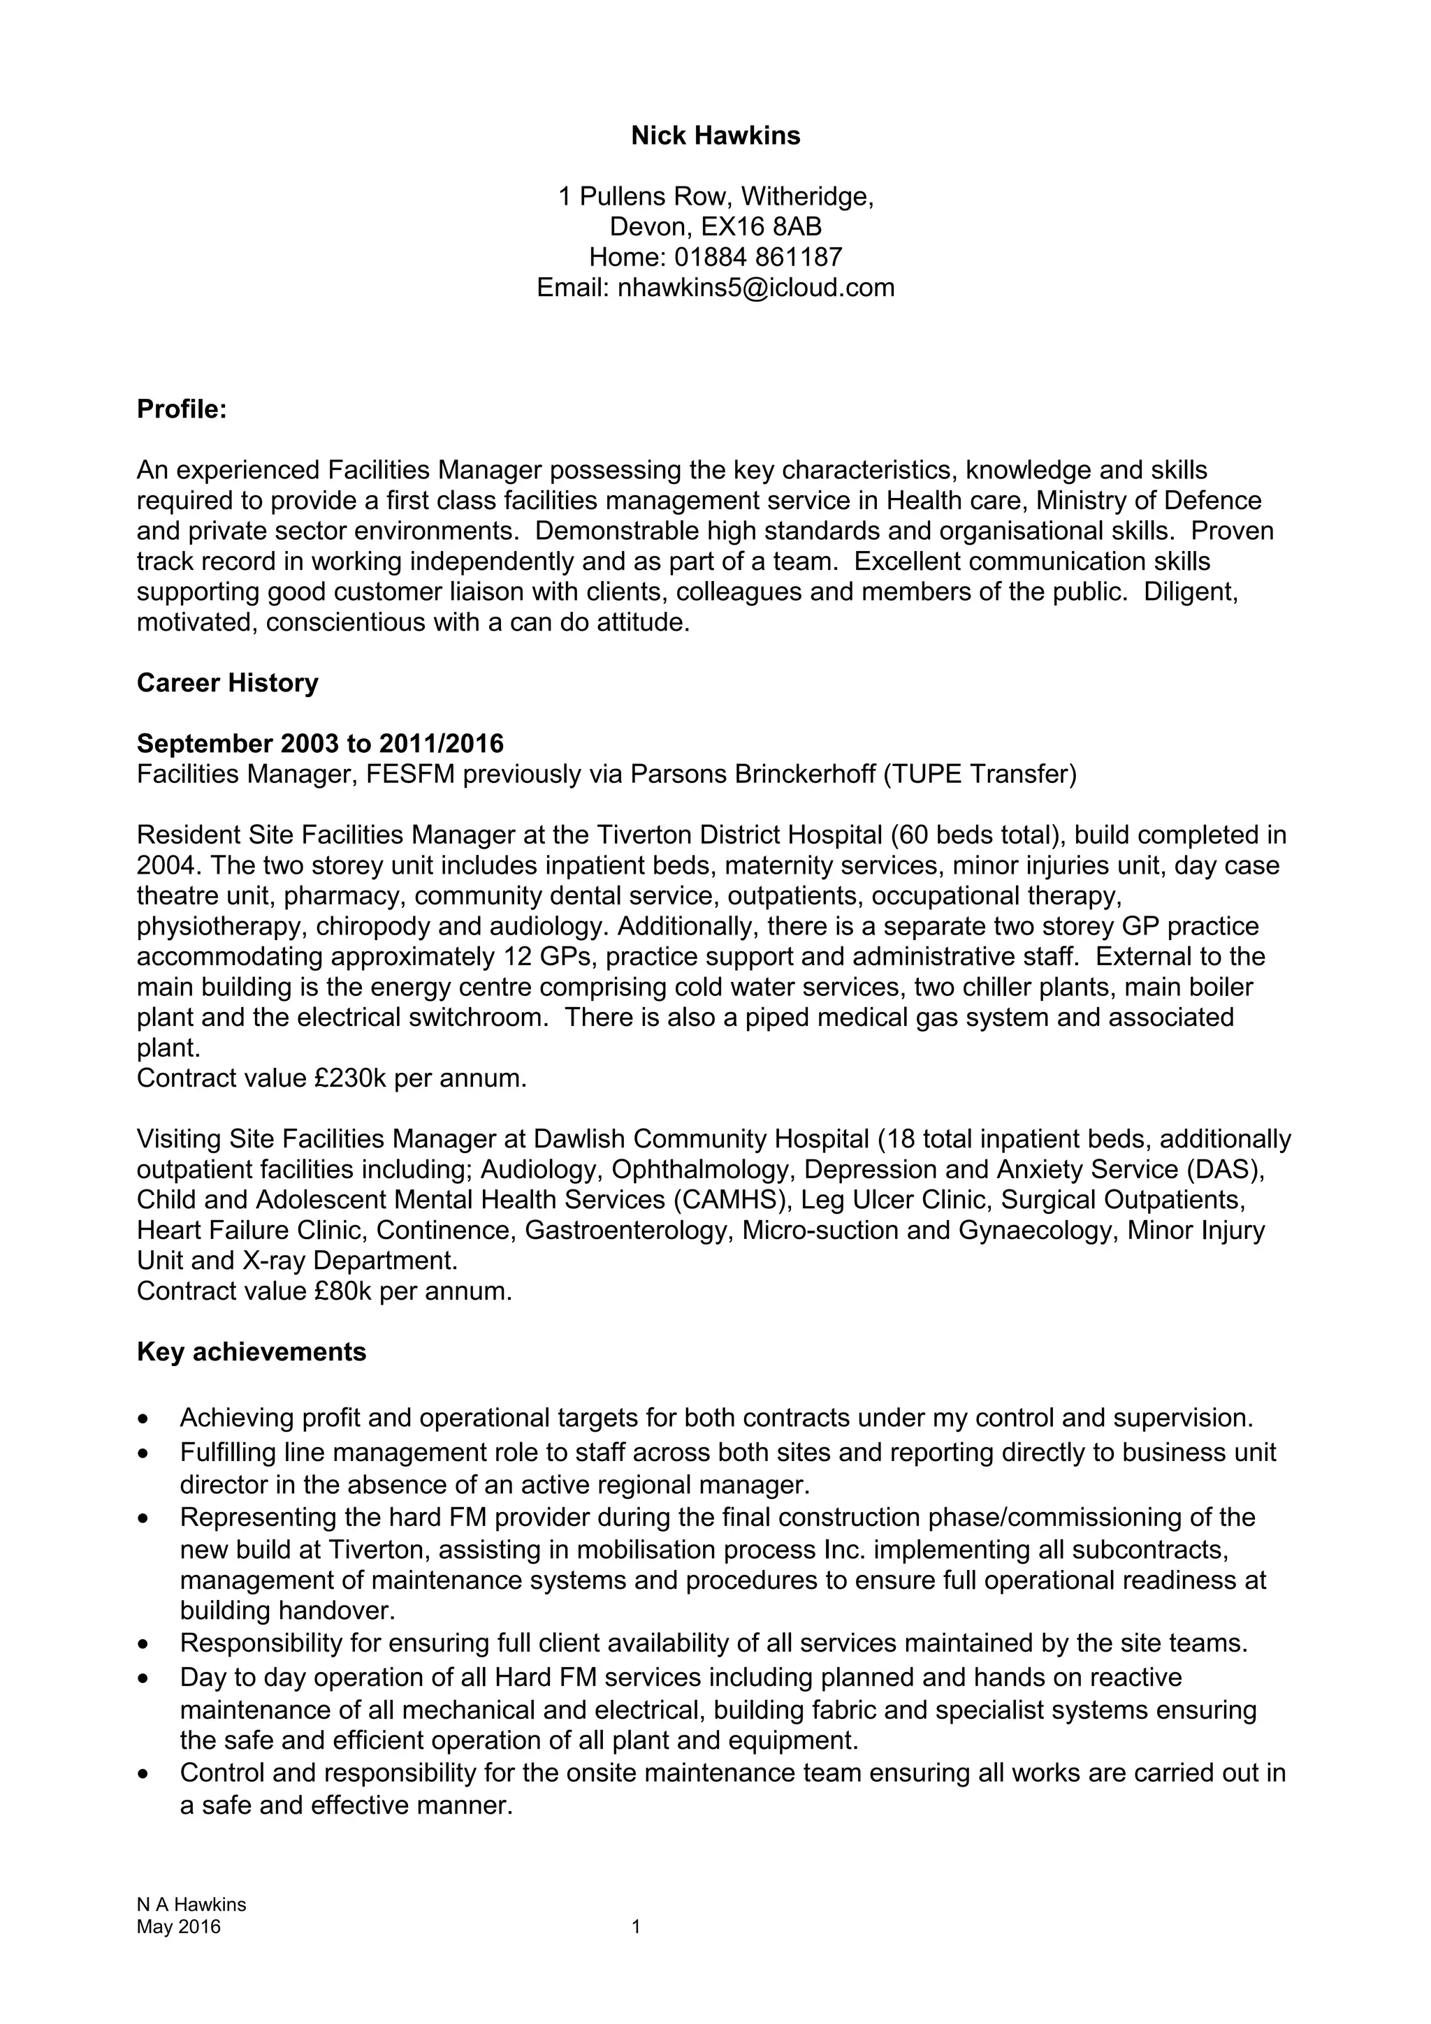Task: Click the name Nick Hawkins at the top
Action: point(715,135)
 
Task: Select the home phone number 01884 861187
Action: point(758,258)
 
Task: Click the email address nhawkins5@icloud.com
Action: point(755,287)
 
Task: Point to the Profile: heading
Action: point(182,409)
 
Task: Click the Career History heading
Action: point(228,683)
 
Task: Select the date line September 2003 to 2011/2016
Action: point(320,744)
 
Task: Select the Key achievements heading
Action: point(252,1351)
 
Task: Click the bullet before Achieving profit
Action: point(144,1419)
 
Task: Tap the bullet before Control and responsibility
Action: point(144,1774)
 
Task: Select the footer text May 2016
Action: point(178,1926)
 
